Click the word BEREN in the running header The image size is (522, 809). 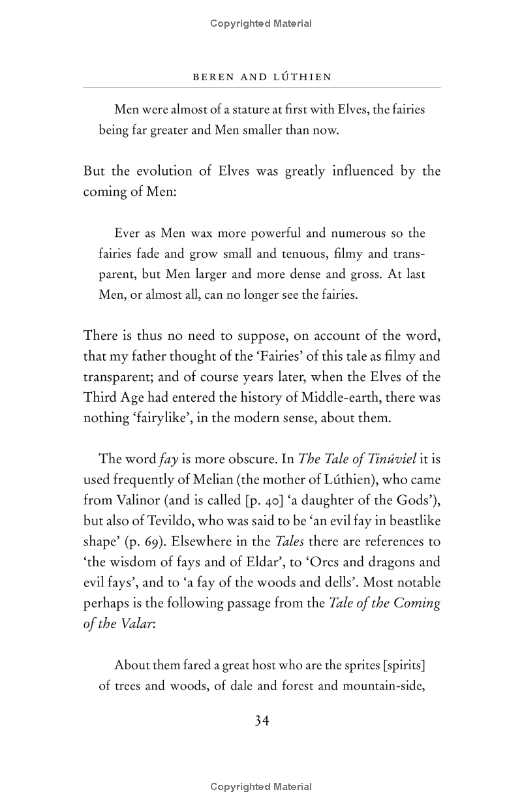point(210,77)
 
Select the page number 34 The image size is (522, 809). point(262,720)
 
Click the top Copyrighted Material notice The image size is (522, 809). point(261,23)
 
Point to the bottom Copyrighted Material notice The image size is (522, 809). point(261,787)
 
